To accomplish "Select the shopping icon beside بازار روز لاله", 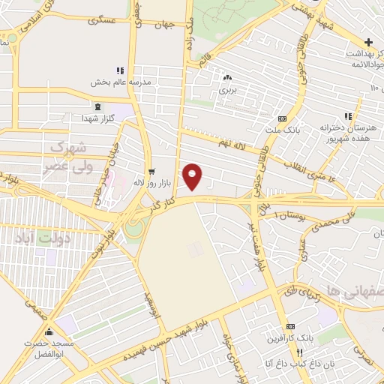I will [x=151, y=171].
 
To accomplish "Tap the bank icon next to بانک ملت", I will [x=282, y=118].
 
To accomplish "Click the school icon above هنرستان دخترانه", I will [x=347, y=116].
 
